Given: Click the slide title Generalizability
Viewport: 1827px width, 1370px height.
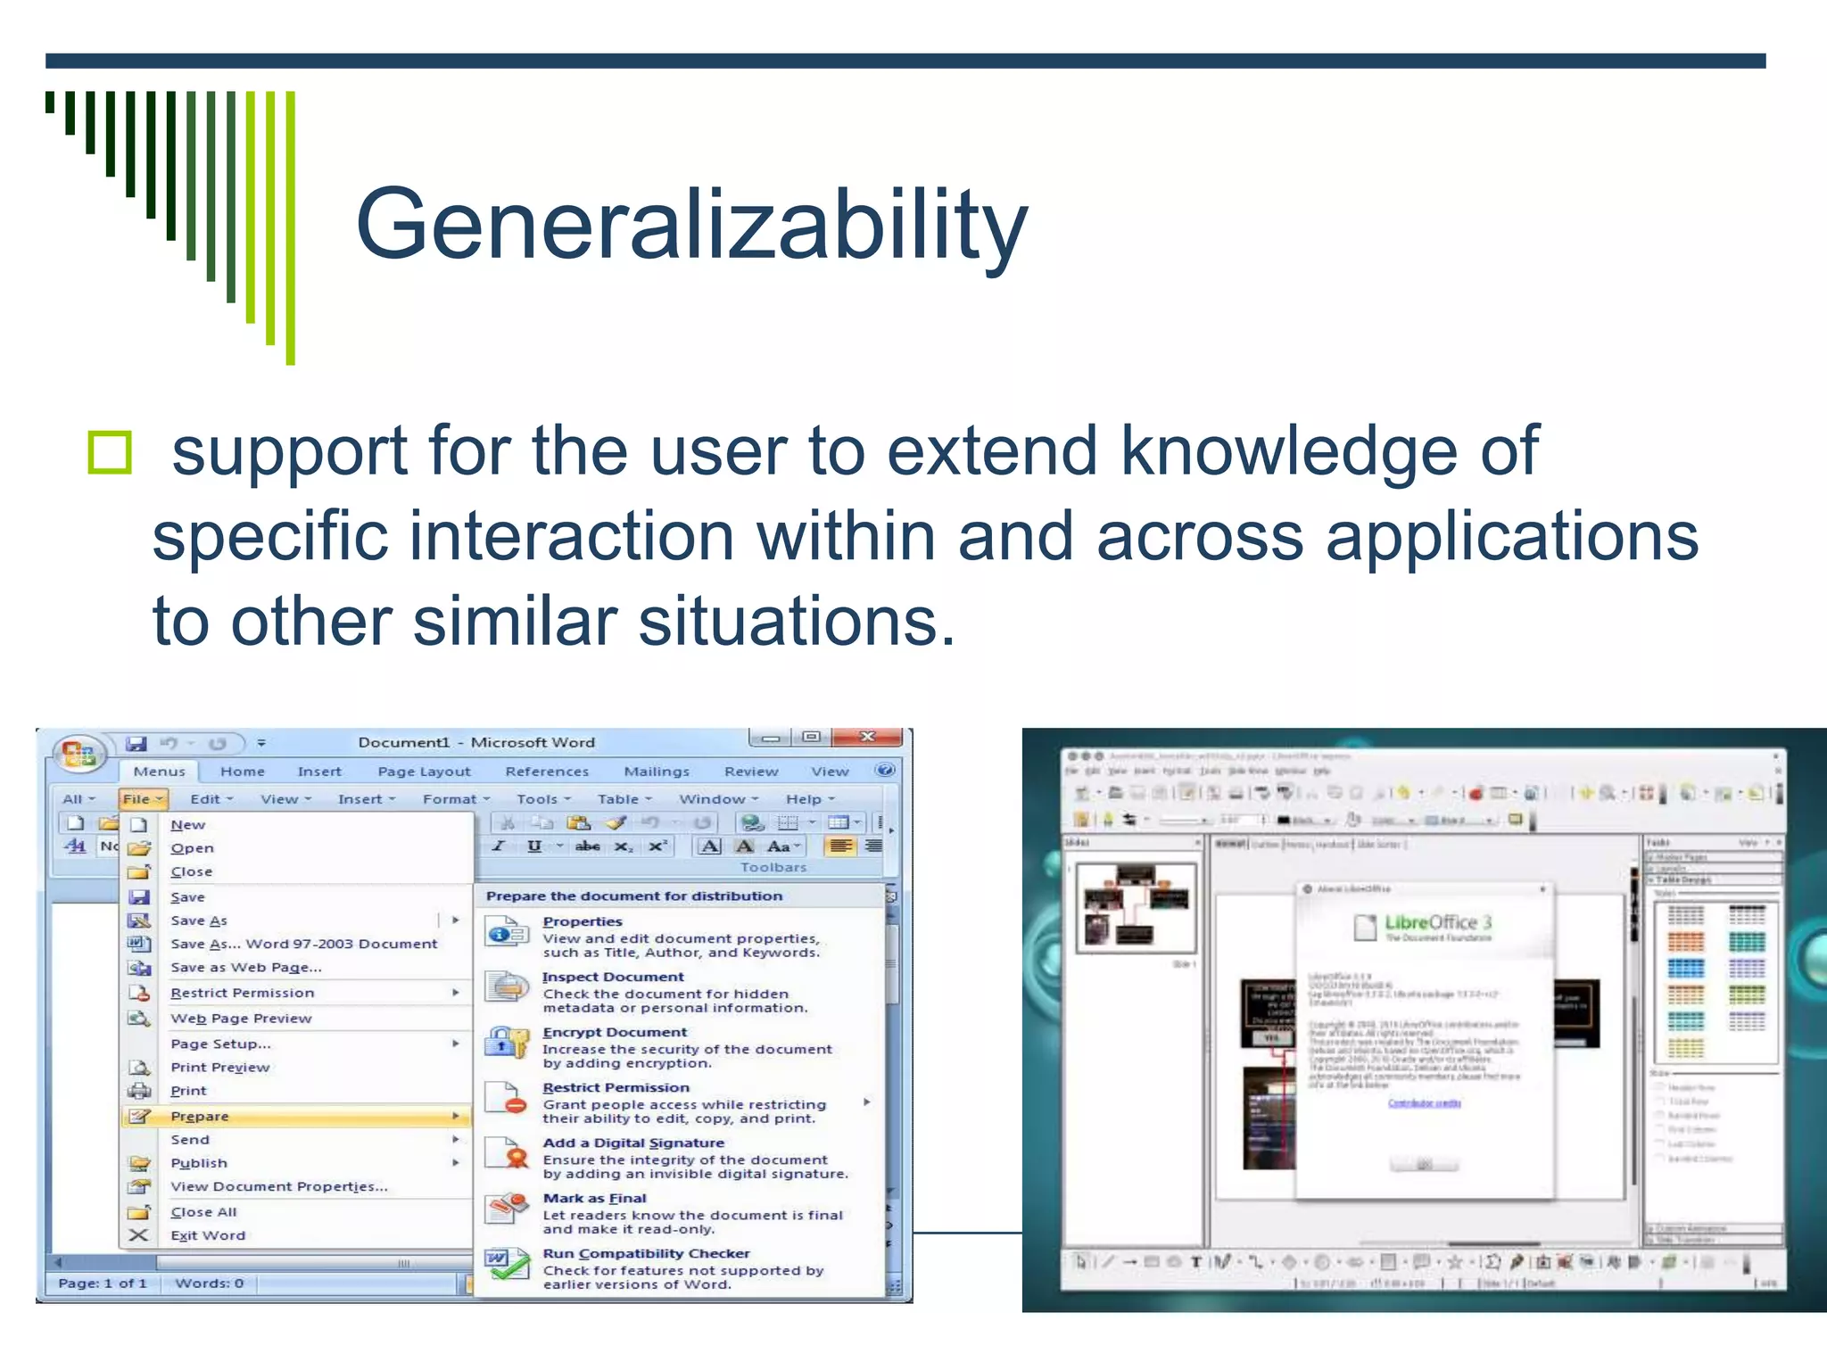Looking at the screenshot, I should (691, 225).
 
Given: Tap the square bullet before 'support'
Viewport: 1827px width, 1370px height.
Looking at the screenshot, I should (110, 452).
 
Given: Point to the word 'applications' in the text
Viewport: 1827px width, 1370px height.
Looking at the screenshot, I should (1511, 537).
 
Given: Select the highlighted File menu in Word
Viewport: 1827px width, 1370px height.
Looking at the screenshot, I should (142, 799).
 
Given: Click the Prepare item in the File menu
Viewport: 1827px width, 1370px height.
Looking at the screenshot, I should (200, 1116).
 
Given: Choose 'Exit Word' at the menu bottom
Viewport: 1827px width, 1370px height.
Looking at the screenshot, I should (208, 1235).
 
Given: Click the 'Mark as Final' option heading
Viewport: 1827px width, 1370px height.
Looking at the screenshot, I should (594, 1198).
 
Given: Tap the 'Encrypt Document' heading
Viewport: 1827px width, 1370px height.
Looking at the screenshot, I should (615, 1032).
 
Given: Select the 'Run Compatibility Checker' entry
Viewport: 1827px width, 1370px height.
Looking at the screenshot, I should (646, 1253).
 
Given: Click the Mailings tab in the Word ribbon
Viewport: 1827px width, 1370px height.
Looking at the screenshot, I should (657, 772).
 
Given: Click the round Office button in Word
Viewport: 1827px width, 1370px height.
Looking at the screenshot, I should (79, 755).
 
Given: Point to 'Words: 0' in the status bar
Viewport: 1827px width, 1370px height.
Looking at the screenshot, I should (210, 1283).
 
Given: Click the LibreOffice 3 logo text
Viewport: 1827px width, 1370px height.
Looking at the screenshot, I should (1437, 923).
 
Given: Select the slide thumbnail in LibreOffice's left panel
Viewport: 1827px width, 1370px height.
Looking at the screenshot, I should (1135, 908).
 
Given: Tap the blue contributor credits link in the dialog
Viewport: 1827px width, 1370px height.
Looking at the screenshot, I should (1424, 1103).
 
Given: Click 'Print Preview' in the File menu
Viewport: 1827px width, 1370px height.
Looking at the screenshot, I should (219, 1067).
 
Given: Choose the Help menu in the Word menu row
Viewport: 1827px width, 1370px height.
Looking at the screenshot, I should (805, 799).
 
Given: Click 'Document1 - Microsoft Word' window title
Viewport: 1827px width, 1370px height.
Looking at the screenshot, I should (476, 742).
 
